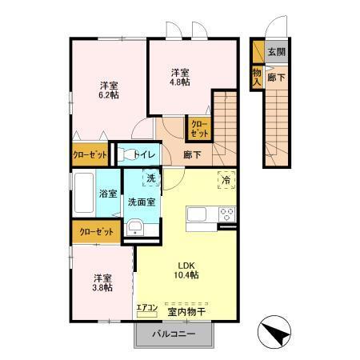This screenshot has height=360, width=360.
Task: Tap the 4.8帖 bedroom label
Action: pyautogui.click(x=179, y=76)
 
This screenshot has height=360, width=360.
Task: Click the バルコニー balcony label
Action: pyautogui.click(x=174, y=334)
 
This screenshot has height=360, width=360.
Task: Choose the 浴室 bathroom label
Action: pyautogui.click(x=108, y=194)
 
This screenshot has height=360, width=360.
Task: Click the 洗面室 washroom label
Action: pyautogui.click(x=142, y=202)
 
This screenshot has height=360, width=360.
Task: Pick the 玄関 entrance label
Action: pyautogui.click(x=276, y=52)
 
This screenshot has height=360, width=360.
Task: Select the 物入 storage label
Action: pyautogui.click(x=257, y=76)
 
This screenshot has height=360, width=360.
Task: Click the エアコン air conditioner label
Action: pyautogui.click(x=146, y=306)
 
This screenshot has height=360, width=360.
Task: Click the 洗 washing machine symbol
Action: pyautogui.click(x=150, y=178)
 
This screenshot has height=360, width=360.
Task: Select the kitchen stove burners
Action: pyautogui.click(x=226, y=214)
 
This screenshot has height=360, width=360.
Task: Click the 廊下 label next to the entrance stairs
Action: pyautogui.click(x=275, y=78)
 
